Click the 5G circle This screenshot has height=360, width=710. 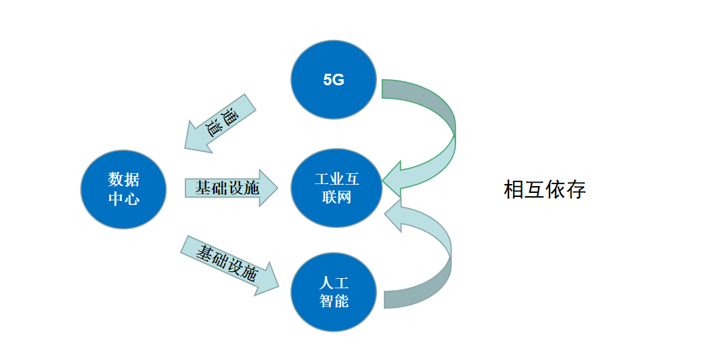point(334,80)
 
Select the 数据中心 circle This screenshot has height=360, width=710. point(123,190)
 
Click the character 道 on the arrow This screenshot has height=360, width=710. point(216,127)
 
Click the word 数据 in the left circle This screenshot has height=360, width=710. point(123,180)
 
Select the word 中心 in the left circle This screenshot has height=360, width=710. point(123,200)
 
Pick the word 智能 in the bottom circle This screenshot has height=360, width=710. point(334,301)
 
